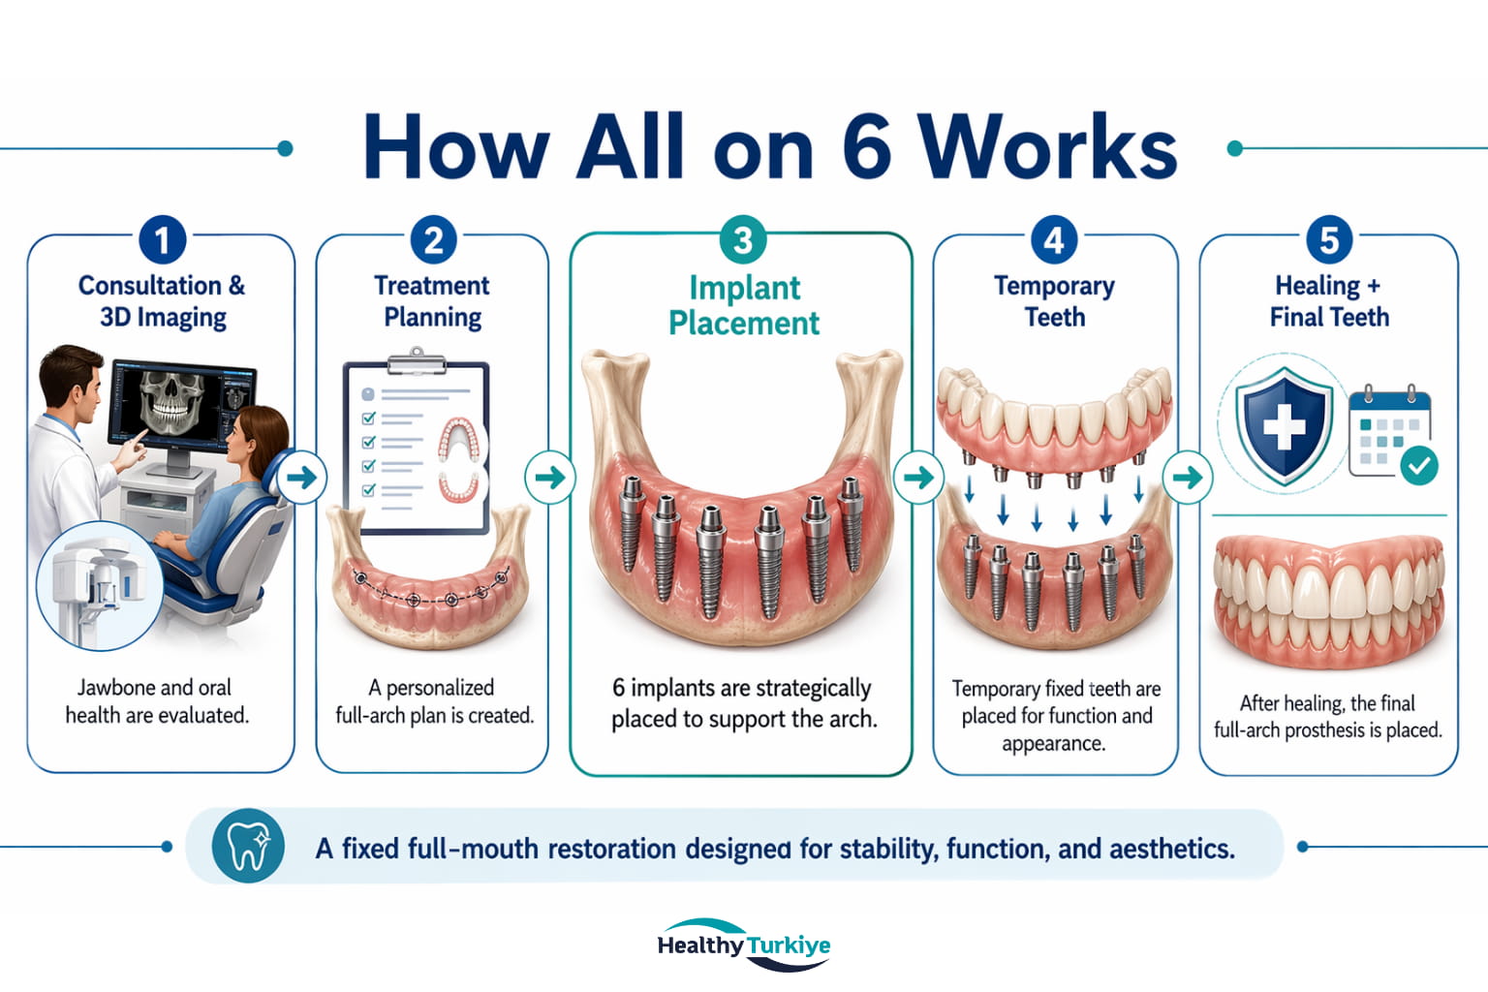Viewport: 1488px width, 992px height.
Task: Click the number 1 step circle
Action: click(162, 240)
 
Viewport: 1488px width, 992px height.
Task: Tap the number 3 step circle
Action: click(743, 240)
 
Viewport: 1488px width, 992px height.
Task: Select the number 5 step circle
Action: click(1329, 240)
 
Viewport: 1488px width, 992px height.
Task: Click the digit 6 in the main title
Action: click(866, 147)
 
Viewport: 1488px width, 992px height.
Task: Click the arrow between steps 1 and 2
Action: click(302, 477)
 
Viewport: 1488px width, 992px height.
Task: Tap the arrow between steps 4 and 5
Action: click(1188, 477)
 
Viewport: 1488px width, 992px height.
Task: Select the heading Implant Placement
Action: click(744, 305)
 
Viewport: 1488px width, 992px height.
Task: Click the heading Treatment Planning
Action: click(432, 301)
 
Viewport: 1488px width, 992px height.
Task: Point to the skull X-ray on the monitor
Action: click(171, 402)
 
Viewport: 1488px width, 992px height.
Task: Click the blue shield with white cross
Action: click(1284, 425)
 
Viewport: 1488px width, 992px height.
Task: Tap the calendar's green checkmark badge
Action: click(1419, 466)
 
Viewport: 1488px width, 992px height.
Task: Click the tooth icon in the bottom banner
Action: click(248, 846)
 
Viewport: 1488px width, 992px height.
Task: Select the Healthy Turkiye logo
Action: click(744, 945)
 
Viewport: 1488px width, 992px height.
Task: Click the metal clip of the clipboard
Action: click(417, 361)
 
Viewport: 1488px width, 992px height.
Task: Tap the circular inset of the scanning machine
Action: click(100, 585)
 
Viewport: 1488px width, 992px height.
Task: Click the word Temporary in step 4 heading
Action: click(1054, 287)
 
